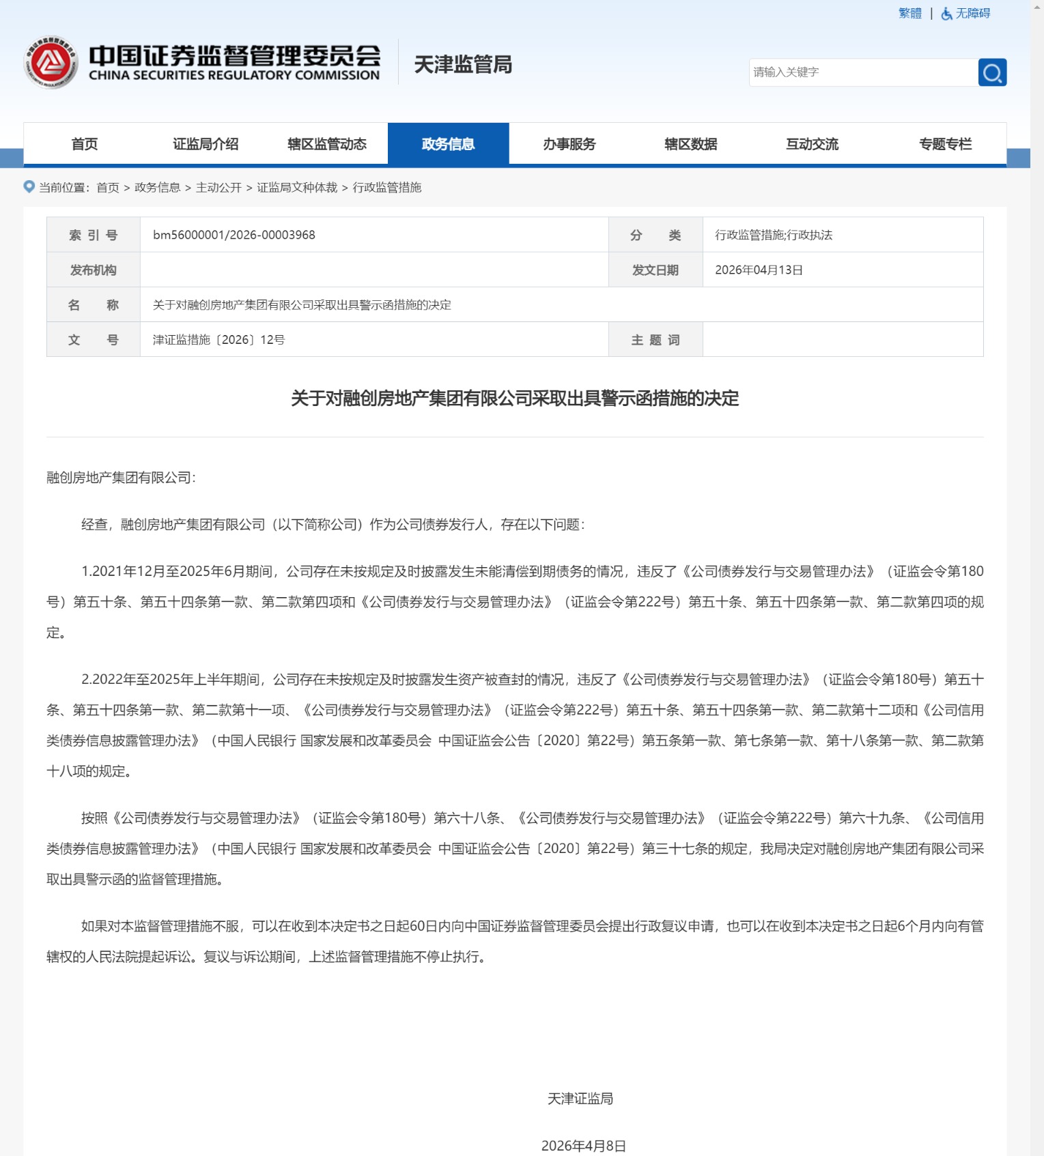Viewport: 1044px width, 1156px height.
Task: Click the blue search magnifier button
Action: (992, 72)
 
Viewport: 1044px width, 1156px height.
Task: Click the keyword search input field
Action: (863, 72)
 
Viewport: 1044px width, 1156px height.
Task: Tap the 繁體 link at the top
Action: (909, 14)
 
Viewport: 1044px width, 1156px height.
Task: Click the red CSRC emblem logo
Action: (51, 62)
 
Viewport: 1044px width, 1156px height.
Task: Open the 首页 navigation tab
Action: (85, 144)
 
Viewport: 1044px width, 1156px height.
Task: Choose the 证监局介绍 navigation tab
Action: (206, 144)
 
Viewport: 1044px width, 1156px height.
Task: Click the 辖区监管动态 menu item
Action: (327, 144)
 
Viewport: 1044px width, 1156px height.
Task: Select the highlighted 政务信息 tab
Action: (448, 144)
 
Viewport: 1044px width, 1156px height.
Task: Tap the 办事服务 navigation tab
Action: (569, 144)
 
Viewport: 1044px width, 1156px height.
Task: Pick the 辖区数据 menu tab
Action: (690, 144)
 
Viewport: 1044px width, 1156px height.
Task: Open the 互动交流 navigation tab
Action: (812, 144)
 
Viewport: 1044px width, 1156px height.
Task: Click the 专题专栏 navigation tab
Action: (945, 144)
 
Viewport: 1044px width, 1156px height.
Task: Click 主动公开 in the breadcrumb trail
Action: (218, 188)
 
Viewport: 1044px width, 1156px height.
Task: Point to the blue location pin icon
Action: (29, 186)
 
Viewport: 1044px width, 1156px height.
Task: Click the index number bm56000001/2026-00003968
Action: (234, 235)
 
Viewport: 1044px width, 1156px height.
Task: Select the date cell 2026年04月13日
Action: (759, 270)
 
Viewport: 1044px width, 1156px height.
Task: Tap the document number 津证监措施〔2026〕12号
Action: (218, 340)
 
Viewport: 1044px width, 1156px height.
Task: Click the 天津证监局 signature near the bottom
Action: (580, 1099)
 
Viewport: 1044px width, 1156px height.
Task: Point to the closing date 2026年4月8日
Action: (584, 1146)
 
